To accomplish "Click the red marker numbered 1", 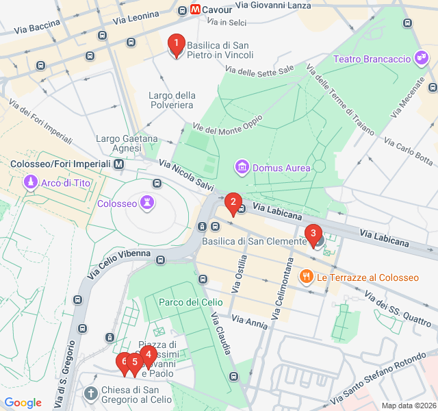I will [176, 45].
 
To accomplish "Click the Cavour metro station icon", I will [196, 10].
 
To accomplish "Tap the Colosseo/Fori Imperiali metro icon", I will [119, 164].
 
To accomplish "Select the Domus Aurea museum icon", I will [241, 166].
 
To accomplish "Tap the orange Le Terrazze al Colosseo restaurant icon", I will [306, 277].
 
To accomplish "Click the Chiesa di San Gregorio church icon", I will [90, 393].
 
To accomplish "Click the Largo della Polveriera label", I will [171, 100].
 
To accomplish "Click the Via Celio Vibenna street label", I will [118, 263].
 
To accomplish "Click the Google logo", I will [23, 403].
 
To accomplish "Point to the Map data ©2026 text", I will [408, 406].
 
